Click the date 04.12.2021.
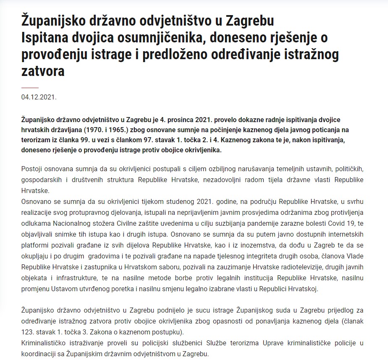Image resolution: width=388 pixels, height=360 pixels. coord(39,97)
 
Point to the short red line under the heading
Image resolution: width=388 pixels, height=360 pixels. coord(30,87)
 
